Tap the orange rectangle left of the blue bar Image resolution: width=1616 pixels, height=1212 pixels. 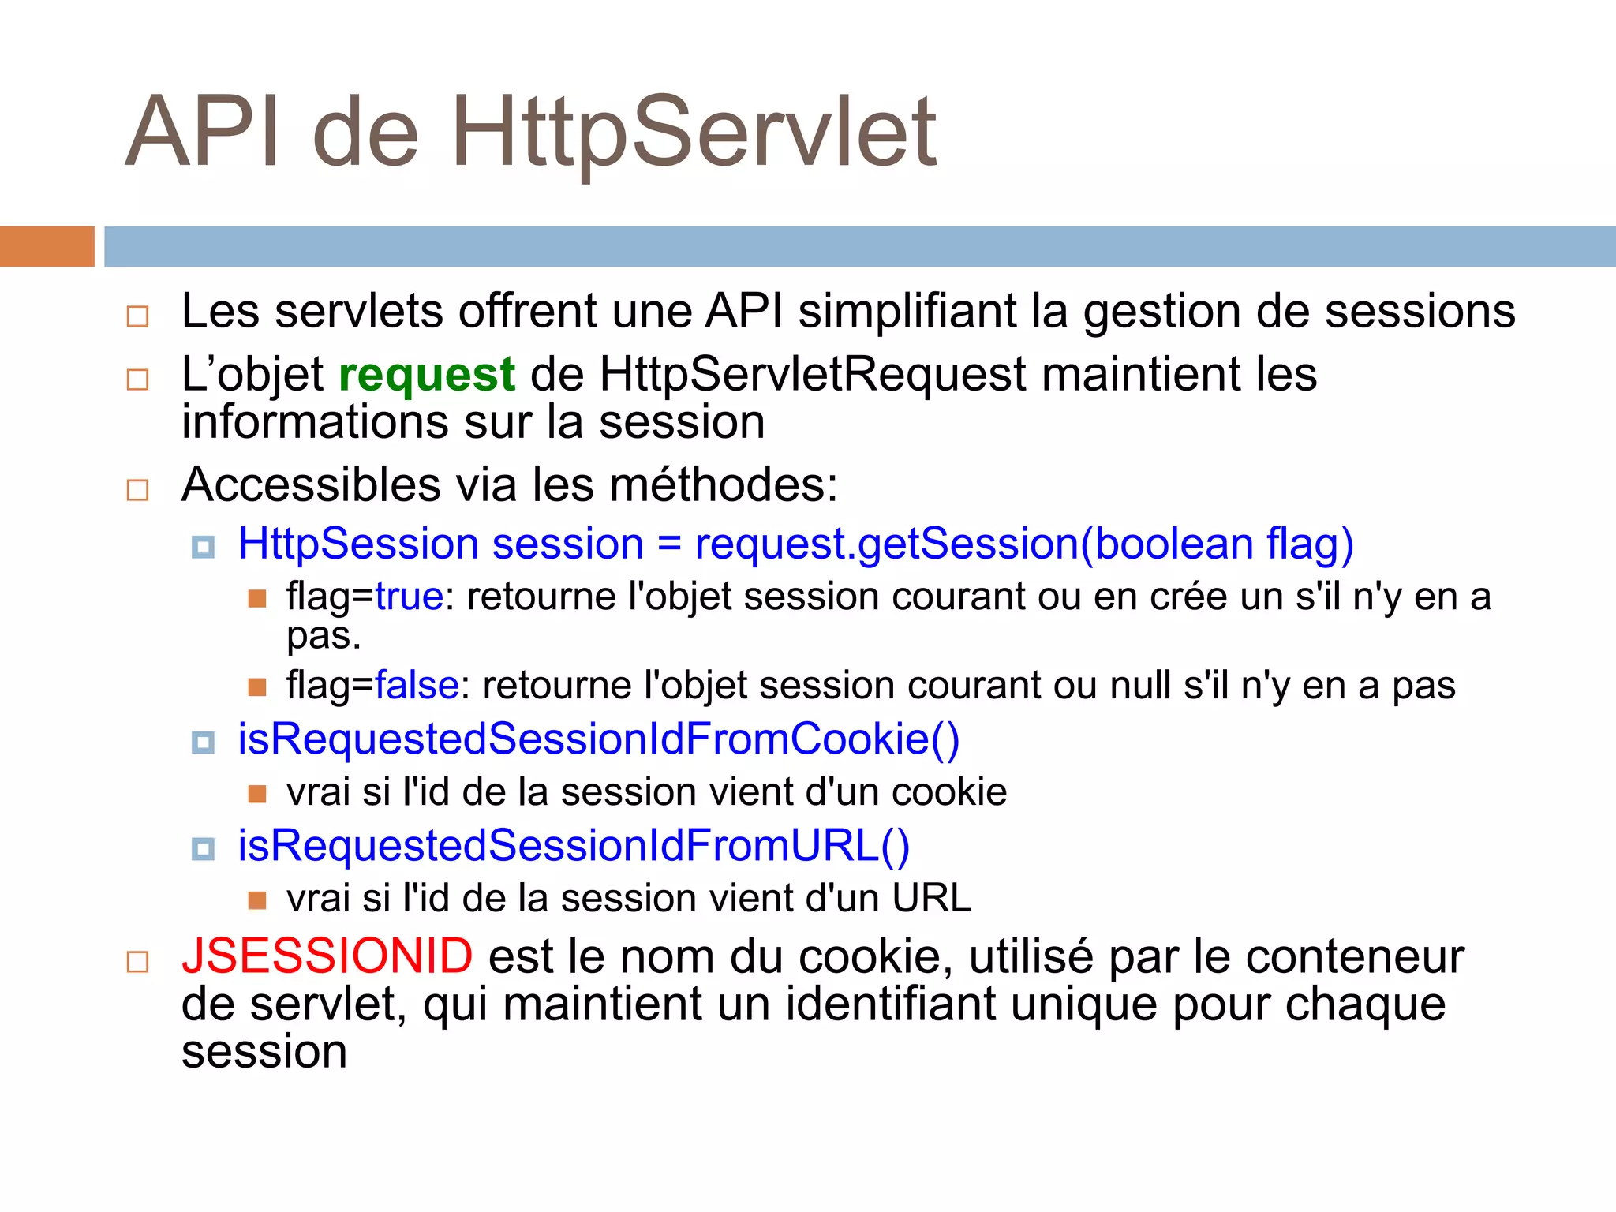pyautogui.click(x=47, y=246)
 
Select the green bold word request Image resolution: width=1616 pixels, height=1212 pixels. pyautogui.click(x=427, y=374)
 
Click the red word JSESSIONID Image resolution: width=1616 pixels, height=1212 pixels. pyautogui.click(x=327, y=956)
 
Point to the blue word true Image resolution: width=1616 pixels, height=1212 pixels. pyautogui.click(x=409, y=597)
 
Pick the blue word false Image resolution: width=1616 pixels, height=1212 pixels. pyautogui.click(x=417, y=685)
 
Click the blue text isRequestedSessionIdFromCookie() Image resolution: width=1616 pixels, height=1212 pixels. pyautogui.click(x=598, y=739)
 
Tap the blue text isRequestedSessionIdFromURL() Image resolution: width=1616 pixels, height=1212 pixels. pyautogui.click(x=574, y=846)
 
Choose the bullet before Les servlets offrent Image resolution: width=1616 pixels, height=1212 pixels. pyautogui.click(x=138, y=316)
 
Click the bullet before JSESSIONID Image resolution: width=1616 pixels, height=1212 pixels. pyautogui.click(x=138, y=962)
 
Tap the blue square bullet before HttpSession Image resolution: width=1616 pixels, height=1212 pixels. pyautogui.click(x=204, y=547)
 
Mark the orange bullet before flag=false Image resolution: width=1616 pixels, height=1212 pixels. pyautogui.click(x=257, y=686)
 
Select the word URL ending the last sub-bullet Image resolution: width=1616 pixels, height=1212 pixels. pyautogui.click(x=931, y=899)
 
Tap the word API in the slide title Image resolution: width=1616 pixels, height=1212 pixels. pyautogui.click(x=202, y=133)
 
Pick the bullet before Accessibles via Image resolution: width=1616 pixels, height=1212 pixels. pyautogui.click(x=138, y=490)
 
